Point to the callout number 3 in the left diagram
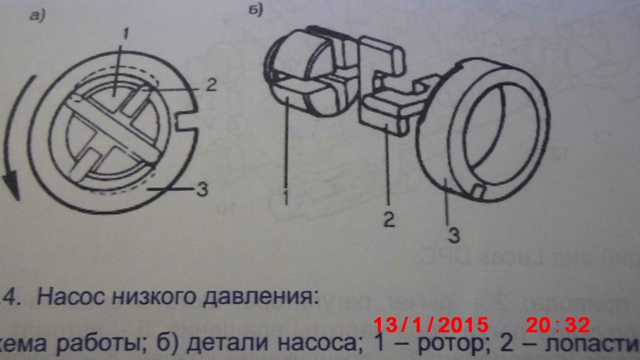209,190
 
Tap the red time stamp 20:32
557,325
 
